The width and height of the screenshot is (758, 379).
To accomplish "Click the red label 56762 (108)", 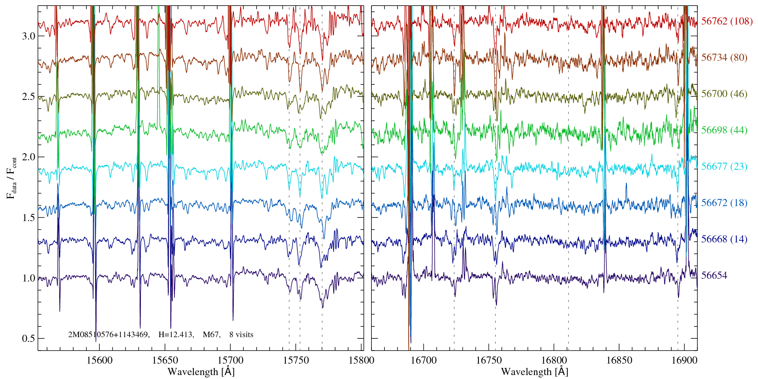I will click(726, 21).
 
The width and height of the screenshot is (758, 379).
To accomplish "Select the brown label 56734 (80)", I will click(724, 58).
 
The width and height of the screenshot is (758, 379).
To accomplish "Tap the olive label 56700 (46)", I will click(724, 94).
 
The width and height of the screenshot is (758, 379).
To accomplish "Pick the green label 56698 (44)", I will click(724, 130).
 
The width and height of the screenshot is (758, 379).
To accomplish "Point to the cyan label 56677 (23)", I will click(724, 167).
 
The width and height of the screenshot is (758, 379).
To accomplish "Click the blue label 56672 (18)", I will click(724, 203).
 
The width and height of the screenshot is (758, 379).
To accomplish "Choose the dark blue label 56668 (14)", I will click(724, 239).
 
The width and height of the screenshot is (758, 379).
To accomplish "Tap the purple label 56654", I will click(714, 276).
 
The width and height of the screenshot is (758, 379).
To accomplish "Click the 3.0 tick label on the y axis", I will click(28, 36).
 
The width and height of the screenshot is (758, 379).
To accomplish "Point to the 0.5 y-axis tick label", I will click(28, 339).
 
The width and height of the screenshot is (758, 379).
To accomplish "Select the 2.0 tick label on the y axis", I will click(28, 157).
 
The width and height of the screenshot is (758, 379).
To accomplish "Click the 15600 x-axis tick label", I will click(99, 360).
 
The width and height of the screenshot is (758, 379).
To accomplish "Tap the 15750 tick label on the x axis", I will click(297, 360).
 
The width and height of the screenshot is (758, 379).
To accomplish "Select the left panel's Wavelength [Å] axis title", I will click(201, 372).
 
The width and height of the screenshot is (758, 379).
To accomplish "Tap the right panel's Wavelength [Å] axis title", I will click(534, 372).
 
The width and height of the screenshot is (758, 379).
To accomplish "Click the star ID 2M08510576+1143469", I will click(109, 335).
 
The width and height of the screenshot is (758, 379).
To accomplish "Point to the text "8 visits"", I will click(241, 335).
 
